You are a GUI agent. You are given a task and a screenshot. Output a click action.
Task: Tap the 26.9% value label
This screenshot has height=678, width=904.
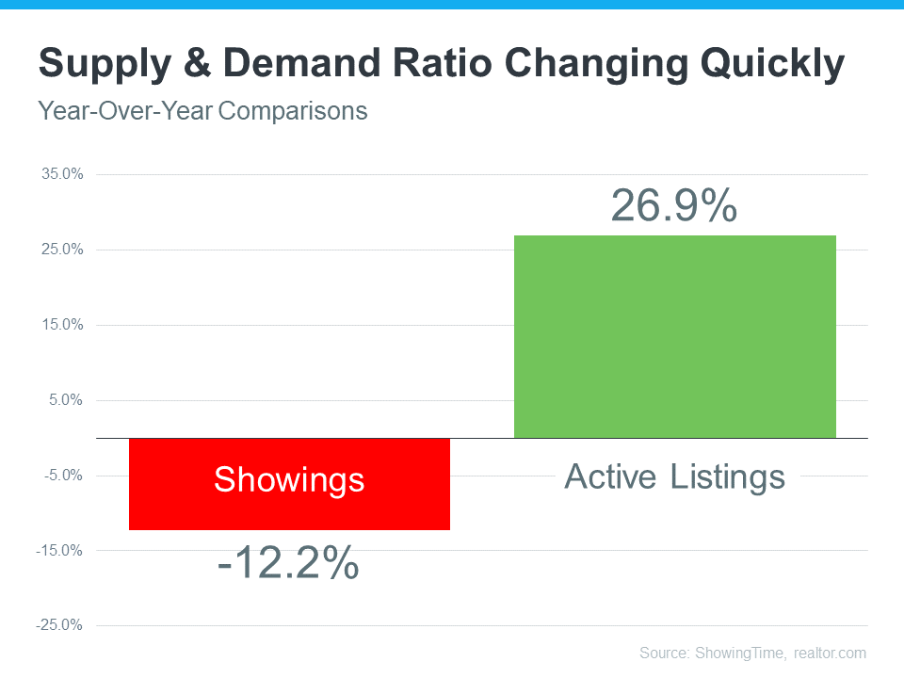pyautogui.click(x=674, y=206)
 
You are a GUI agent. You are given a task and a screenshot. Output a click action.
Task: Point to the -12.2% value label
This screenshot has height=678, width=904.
pyautogui.click(x=288, y=563)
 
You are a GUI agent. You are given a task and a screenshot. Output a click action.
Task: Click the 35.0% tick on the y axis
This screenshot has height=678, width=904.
pyautogui.click(x=62, y=174)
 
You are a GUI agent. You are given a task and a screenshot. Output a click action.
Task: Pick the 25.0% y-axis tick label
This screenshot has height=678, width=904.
pyautogui.click(x=62, y=250)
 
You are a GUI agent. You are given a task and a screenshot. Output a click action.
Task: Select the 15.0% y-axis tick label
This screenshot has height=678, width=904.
pyautogui.click(x=62, y=325)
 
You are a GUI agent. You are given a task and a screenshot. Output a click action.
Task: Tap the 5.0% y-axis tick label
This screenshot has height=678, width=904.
pyautogui.click(x=65, y=400)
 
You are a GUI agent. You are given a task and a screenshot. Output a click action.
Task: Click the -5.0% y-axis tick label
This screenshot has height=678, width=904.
pyautogui.click(x=63, y=476)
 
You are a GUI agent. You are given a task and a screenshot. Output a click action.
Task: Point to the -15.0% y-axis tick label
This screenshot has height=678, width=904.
pyautogui.click(x=60, y=550)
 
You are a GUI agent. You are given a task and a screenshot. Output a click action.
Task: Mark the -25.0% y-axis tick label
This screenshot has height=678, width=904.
pyautogui.click(x=60, y=625)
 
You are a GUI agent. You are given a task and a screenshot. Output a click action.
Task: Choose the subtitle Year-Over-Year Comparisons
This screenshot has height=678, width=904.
pyautogui.click(x=202, y=111)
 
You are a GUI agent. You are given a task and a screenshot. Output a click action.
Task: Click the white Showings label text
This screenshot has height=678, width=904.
pyautogui.click(x=289, y=480)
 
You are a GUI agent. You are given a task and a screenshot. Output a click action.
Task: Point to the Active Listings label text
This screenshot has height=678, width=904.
pyautogui.click(x=674, y=476)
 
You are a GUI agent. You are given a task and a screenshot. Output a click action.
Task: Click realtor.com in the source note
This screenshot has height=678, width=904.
pyautogui.click(x=830, y=653)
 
